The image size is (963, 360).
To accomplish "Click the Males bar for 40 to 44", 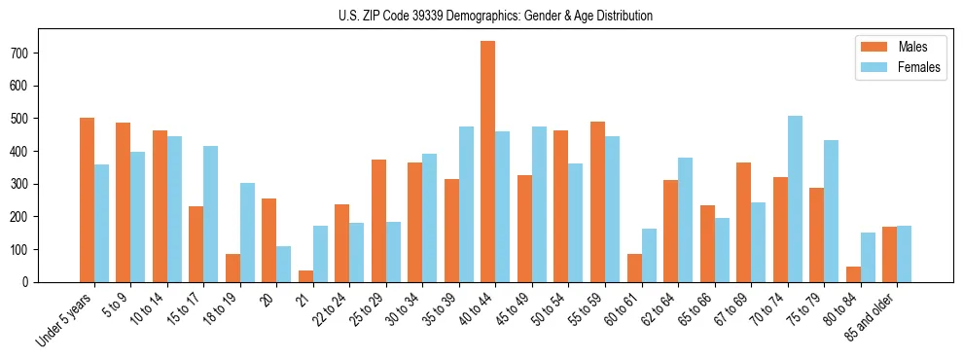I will [488, 162].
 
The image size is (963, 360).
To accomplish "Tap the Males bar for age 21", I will [305, 276].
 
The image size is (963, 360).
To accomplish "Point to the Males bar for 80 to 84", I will [853, 274].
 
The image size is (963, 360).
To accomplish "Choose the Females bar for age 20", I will [284, 265].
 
